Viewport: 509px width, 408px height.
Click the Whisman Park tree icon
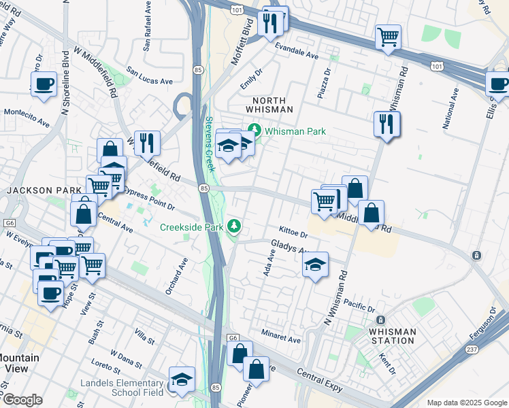(x=255, y=129)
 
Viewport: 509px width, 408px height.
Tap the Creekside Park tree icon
(x=234, y=225)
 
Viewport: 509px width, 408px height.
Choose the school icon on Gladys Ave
(x=315, y=265)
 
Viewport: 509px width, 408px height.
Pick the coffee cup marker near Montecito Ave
(x=44, y=84)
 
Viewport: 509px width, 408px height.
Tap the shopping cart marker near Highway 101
(x=388, y=37)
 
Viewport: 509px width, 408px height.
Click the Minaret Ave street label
(x=280, y=338)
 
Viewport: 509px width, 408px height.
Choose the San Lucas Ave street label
(x=150, y=81)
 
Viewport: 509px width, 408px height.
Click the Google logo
(x=22, y=399)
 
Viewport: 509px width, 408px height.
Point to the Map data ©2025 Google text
(x=466, y=403)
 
